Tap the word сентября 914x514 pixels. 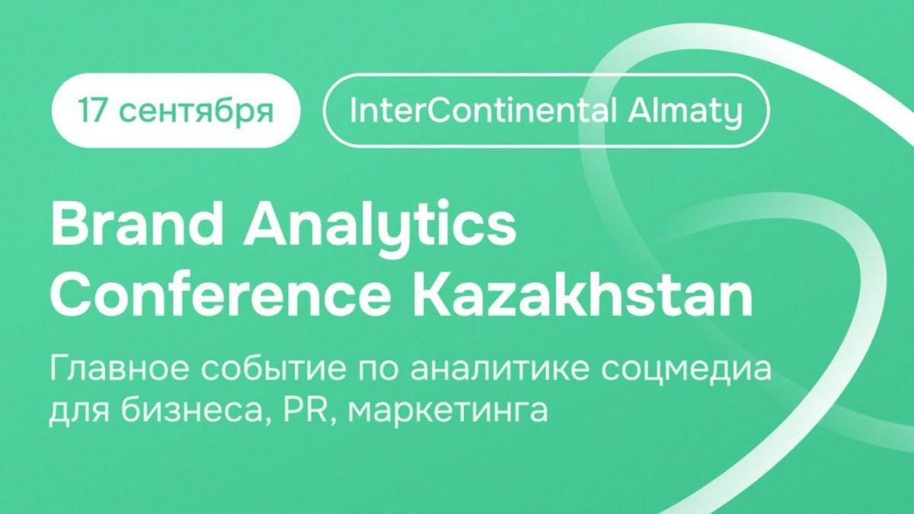[197, 112]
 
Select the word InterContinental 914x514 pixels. [482, 111]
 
